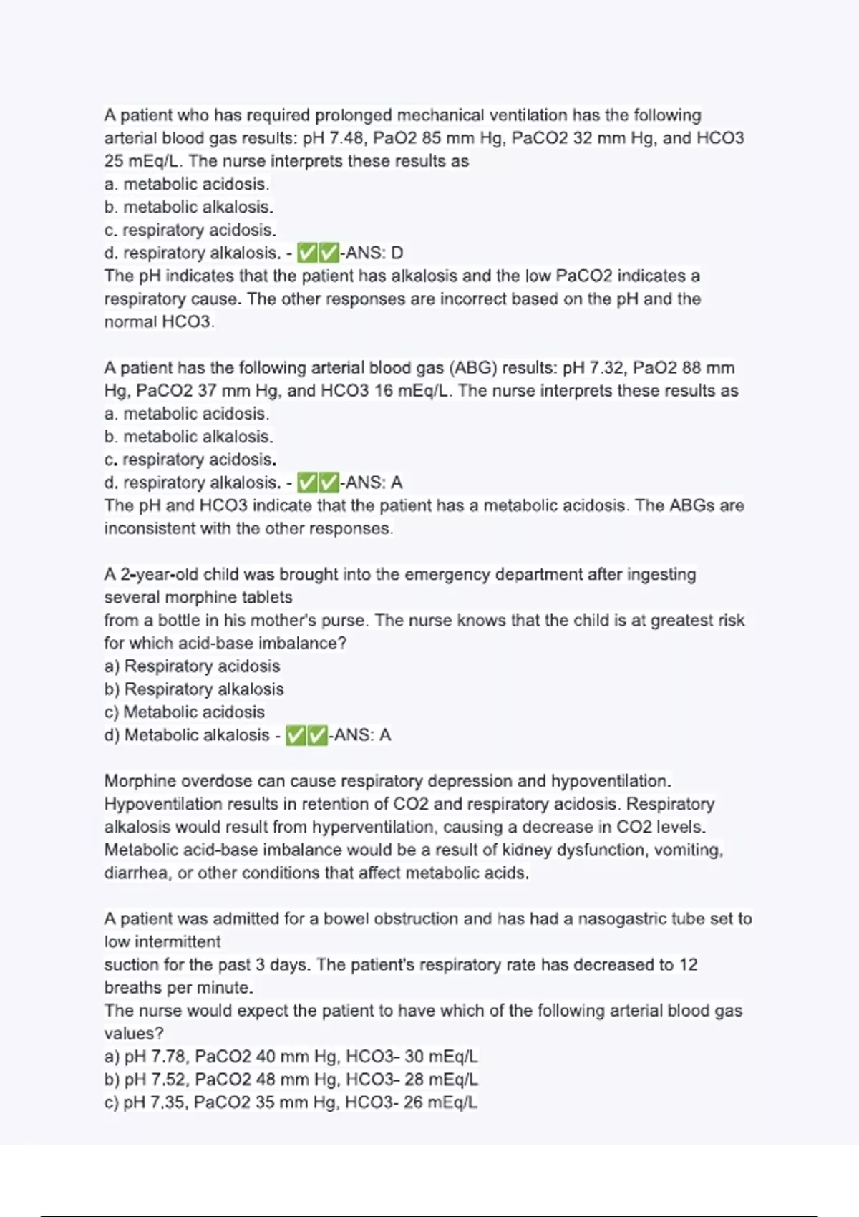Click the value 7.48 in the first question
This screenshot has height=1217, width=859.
pyautogui.click(x=346, y=138)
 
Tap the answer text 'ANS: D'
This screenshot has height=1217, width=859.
pyautogui.click(x=374, y=253)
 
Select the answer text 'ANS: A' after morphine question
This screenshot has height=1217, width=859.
pyautogui.click(x=362, y=735)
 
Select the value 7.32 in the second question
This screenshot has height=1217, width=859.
pyautogui.click(x=606, y=368)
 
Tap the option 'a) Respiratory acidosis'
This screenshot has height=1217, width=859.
pyautogui.click(x=192, y=666)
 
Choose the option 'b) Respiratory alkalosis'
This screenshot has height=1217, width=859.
pyautogui.click(x=194, y=689)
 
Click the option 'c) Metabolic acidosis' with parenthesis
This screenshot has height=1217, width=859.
pyautogui.click(x=185, y=712)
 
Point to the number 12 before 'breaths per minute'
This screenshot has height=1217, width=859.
pyautogui.click(x=688, y=965)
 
